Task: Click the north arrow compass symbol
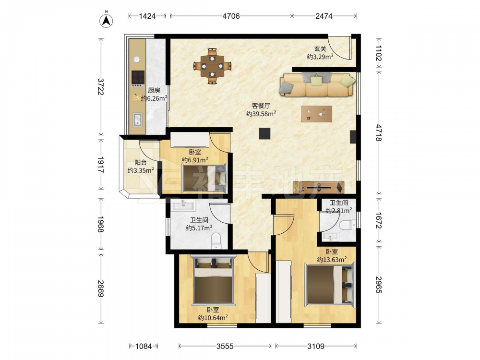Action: (x=106, y=20)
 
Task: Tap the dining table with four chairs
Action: (x=212, y=66)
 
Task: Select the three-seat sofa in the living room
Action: (x=317, y=85)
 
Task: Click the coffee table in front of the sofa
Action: (x=316, y=114)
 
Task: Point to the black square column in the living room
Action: (x=264, y=133)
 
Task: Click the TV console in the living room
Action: (x=318, y=187)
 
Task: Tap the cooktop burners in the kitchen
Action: (x=138, y=78)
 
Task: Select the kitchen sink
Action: (x=137, y=120)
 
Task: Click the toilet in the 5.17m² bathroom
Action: (x=216, y=241)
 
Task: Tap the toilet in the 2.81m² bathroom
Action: (x=348, y=225)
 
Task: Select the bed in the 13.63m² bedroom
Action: (x=330, y=284)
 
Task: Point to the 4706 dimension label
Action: (x=231, y=16)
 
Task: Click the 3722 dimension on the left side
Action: (x=100, y=86)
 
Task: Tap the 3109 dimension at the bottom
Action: (x=316, y=346)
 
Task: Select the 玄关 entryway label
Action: (x=320, y=48)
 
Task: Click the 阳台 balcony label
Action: (x=141, y=163)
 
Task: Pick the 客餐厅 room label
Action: (x=261, y=106)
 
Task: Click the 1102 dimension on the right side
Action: (x=379, y=53)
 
